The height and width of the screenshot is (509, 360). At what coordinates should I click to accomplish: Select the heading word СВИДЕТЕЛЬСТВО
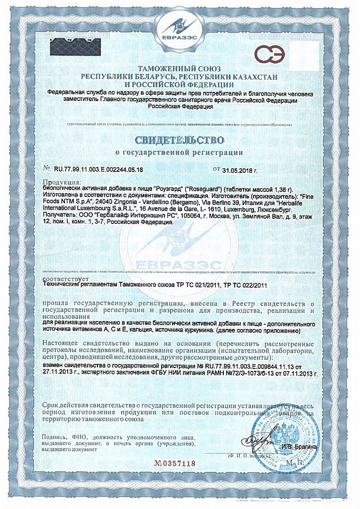click(x=179, y=140)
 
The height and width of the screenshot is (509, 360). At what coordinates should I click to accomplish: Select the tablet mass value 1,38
click(x=269, y=187)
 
